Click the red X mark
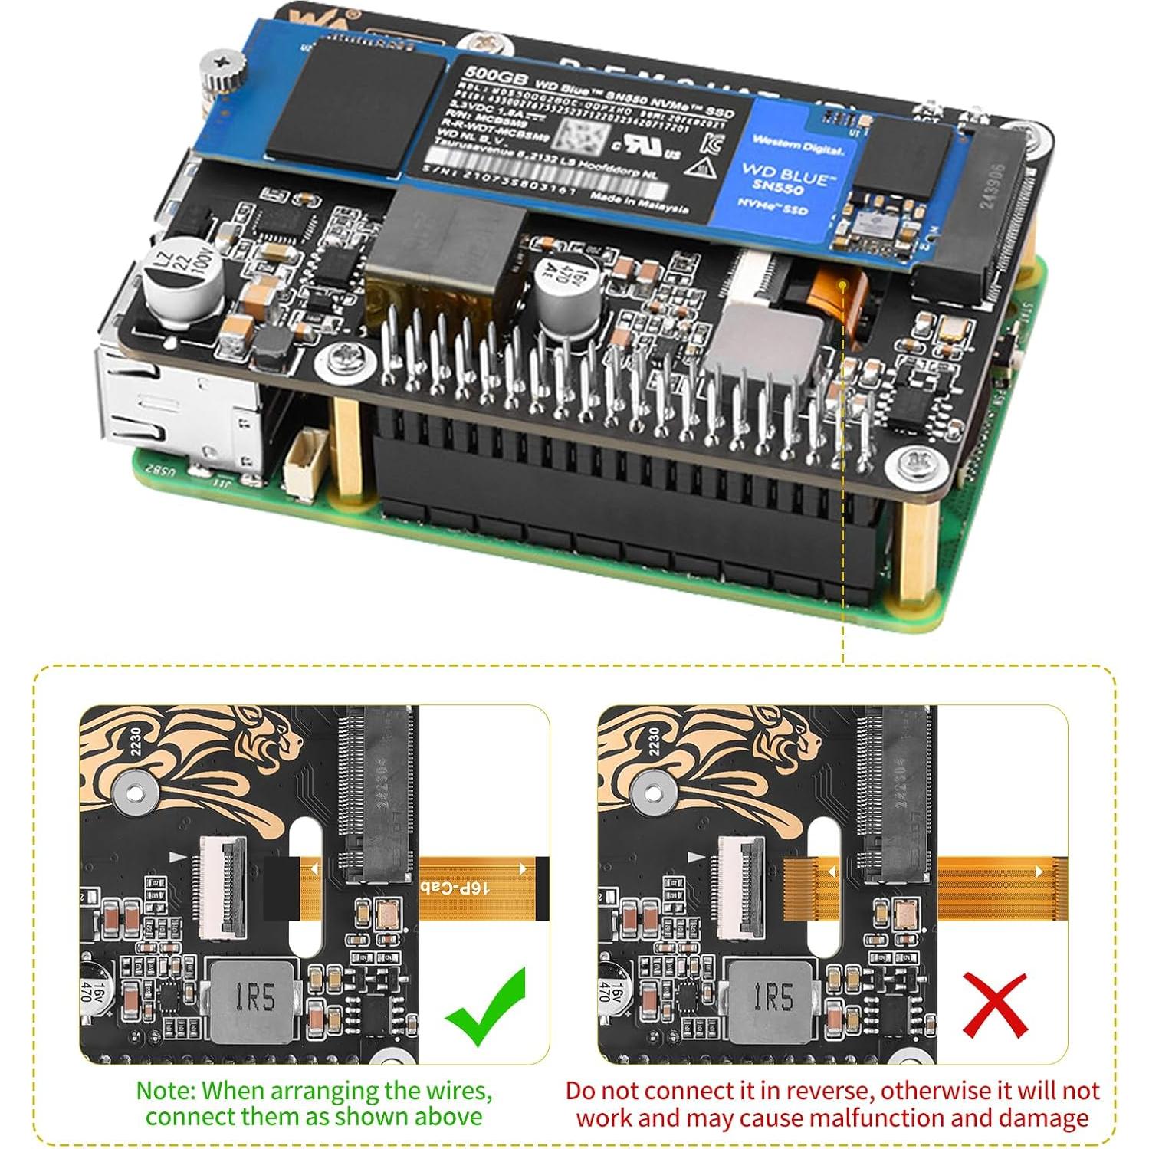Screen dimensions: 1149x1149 994,1005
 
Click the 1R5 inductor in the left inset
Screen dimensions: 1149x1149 253,999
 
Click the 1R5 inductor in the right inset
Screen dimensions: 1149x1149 771,999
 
